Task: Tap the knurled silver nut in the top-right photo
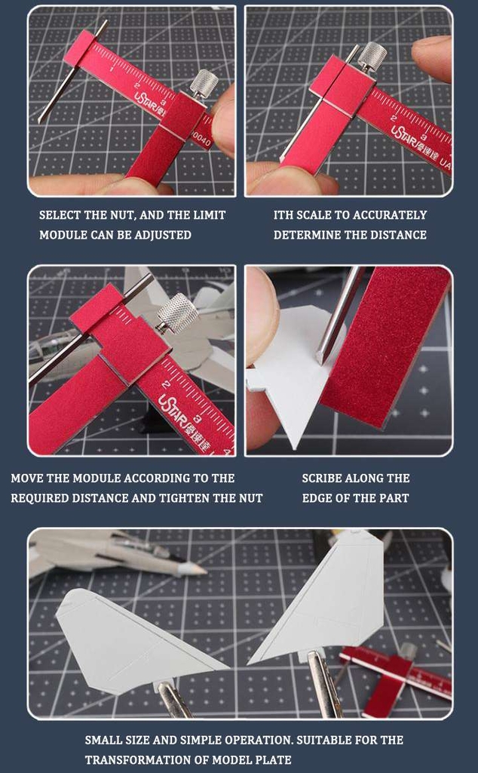(x=372, y=56)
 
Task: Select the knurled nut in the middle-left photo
(x=177, y=313)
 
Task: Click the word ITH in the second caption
(x=284, y=215)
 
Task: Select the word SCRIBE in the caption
(x=324, y=478)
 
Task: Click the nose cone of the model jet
(x=198, y=568)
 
